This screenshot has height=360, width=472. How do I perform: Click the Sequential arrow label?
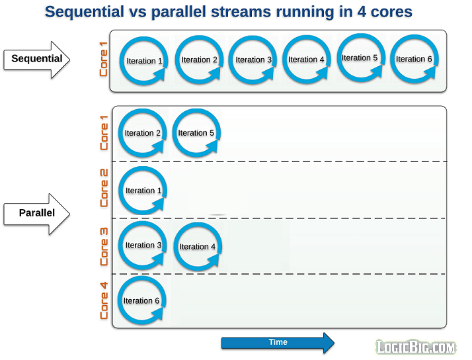(x=38, y=59)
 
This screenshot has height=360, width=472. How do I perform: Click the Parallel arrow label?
(x=38, y=213)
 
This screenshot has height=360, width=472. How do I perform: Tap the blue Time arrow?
(x=278, y=343)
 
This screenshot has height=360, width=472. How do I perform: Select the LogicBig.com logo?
(x=416, y=347)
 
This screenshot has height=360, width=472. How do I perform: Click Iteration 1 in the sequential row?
(x=143, y=62)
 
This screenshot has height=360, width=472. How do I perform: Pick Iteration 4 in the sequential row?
(x=306, y=60)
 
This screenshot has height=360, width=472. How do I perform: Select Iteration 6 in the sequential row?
(x=414, y=59)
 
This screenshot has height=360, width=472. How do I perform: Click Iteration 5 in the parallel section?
(x=196, y=133)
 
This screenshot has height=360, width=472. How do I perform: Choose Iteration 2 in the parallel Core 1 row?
(x=143, y=133)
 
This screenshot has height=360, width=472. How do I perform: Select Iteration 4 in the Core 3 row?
(x=198, y=247)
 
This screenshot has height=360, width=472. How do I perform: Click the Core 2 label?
(x=104, y=188)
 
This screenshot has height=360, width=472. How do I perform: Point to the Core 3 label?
(x=104, y=246)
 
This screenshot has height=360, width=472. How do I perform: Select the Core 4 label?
(x=104, y=301)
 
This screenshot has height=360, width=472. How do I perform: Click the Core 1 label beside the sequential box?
(x=104, y=59)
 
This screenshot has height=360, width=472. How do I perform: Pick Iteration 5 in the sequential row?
(x=360, y=58)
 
